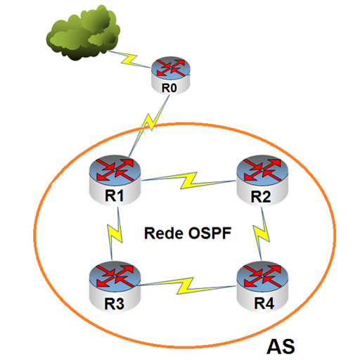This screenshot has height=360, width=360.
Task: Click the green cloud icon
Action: click(x=83, y=33)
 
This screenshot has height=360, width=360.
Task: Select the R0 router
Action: click(x=170, y=75)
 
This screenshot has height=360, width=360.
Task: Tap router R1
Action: click(x=115, y=180)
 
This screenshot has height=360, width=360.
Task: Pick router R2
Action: click(x=262, y=180)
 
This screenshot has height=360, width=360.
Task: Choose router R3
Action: click(x=115, y=288)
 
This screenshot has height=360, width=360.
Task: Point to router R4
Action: click(x=262, y=288)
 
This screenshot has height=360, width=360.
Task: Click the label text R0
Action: click(x=169, y=88)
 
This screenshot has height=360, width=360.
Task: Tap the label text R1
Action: click(x=114, y=195)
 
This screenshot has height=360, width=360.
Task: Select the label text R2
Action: click(x=261, y=196)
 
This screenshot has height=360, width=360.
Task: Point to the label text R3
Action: click(x=114, y=304)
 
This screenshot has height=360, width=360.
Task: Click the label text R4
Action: click(x=264, y=303)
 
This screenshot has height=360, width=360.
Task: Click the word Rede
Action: click(x=164, y=233)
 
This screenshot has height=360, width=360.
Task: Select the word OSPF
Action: click(x=210, y=233)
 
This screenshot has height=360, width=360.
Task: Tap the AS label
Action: click(x=281, y=347)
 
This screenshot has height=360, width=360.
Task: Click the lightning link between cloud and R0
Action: click(x=129, y=60)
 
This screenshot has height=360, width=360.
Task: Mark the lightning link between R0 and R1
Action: click(x=149, y=126)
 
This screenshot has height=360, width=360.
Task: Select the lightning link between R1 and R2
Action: click(x=188, y=181)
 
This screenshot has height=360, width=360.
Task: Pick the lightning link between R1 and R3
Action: click(x=115, y=233)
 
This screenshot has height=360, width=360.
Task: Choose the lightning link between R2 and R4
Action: click(x=262, y=233)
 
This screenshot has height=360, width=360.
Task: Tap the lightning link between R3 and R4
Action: click(x=186, y=286)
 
